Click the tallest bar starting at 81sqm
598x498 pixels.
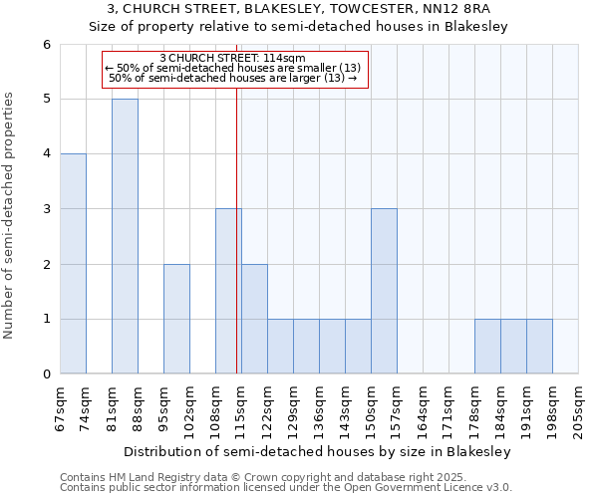click(x=125, y=236)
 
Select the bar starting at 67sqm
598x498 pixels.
click(x=73, y=264)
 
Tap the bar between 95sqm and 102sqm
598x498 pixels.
click(x=176, y=319)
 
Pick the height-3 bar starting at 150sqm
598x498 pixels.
click(x=384, y=291)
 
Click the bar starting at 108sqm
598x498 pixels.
click(x=228, y=291)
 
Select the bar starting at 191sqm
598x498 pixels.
click(x=539, y=347)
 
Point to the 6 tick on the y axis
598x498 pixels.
click(x=46, y=44)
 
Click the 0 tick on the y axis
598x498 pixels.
click(x=46, y=374)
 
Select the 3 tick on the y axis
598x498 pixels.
click(x=46, y=209)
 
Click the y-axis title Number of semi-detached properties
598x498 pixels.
click(x=10, y=215)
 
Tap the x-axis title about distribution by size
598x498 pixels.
click(x=319, y=452)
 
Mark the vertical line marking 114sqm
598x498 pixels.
click(x=236, y=229)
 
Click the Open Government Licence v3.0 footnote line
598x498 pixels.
click(x=286, y=488)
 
